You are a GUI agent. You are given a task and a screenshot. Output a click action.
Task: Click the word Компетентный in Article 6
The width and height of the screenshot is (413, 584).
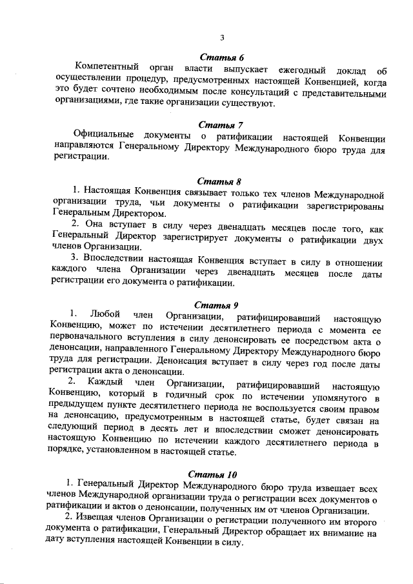(x=105, y=69)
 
